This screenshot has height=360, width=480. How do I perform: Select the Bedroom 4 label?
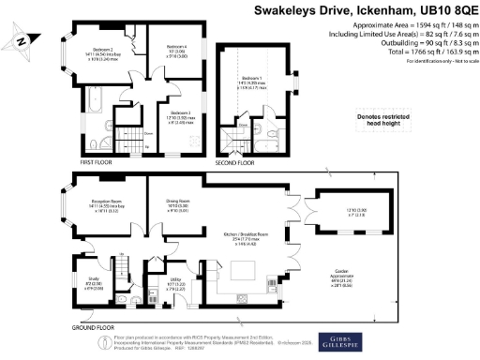(176, 48)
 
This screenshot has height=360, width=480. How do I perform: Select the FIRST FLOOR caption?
(97, 162)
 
